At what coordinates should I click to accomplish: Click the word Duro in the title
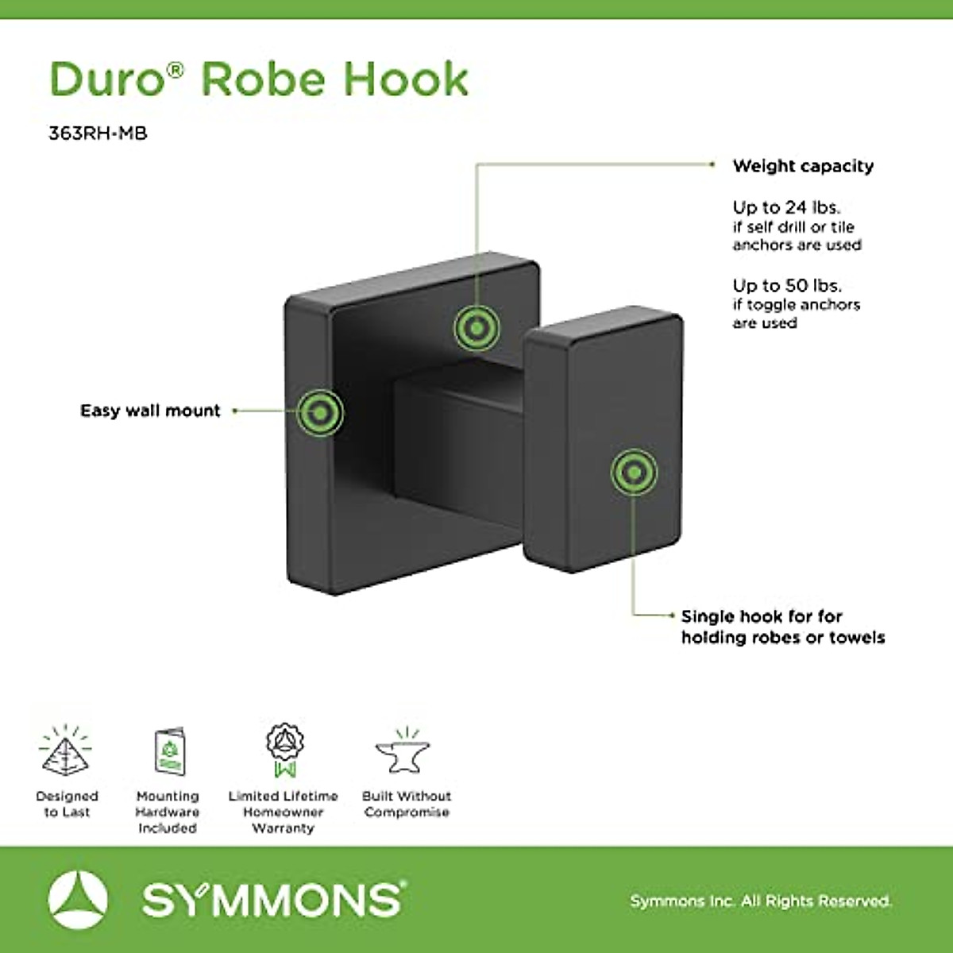[108, 79]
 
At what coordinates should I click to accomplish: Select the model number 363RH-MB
[98, 133]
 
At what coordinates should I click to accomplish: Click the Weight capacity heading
[803, 166]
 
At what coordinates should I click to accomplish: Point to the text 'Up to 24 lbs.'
[786, 207]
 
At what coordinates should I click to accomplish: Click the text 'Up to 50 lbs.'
[787, 285]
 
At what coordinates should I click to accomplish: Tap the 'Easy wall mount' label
[150, 411]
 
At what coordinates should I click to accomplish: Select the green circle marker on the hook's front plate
[634, 473]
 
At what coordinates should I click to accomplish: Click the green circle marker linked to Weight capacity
[476, 327]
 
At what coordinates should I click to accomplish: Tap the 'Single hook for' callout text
[762, 616]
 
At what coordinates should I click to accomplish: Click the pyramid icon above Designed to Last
[66, 751]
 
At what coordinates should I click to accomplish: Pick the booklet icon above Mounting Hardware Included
[168, 751]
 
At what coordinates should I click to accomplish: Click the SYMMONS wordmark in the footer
[272, 900]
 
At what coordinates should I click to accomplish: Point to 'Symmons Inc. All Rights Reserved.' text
[761, 901]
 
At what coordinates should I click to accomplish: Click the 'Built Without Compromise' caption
[407, 804]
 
